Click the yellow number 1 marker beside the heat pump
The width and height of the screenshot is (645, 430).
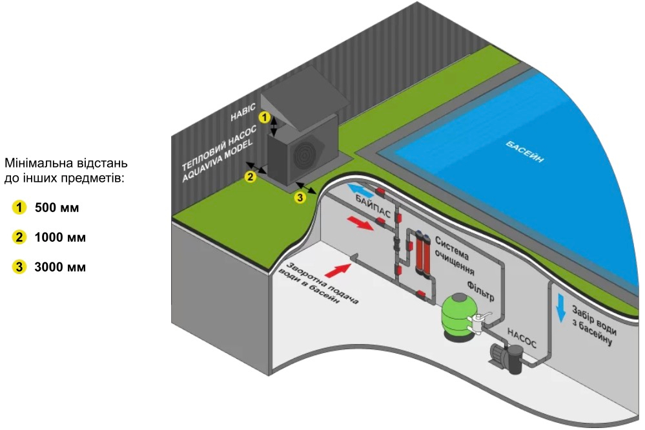tap(263, 117)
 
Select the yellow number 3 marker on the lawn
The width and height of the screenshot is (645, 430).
tap(300, 198)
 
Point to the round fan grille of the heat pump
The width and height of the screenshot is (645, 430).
tap(303, 156)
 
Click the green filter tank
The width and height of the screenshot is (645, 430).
tap(457, 317)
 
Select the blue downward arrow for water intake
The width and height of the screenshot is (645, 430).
tap(560, 305)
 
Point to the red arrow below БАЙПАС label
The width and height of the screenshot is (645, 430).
tap(361, 223)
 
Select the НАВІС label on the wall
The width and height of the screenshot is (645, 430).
tap(243, 112)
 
